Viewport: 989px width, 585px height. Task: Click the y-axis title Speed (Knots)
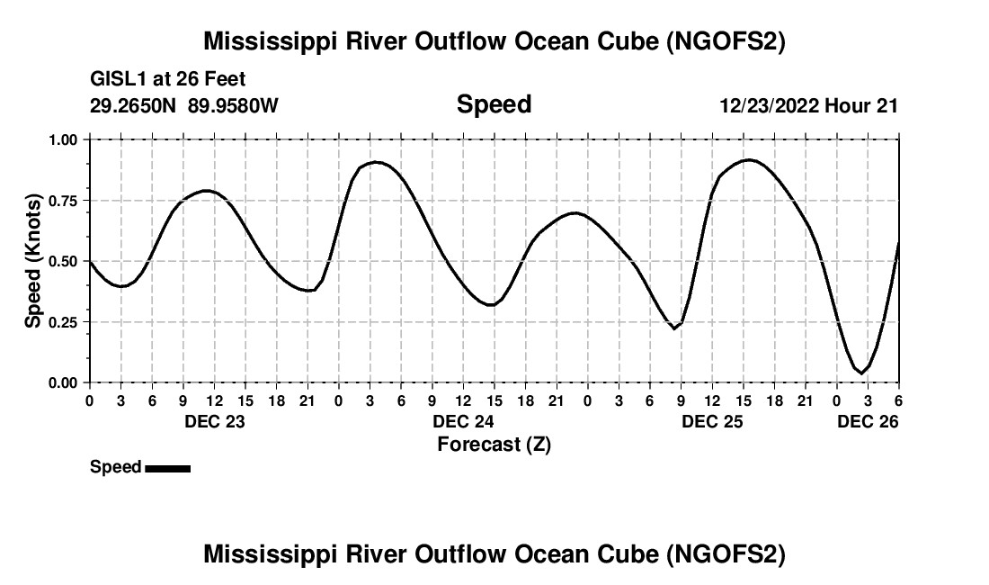coord(33,261)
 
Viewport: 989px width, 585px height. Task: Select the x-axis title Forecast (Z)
coord(494,445)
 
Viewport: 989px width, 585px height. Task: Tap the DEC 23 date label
coord(214,421)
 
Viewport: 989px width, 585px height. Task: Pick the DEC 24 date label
coord(463,421)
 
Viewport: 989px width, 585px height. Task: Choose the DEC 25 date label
coord(712,421)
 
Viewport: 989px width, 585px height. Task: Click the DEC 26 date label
coord(868,421)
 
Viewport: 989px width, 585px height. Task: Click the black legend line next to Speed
coord(167,468)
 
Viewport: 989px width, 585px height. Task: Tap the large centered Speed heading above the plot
coord(494,104)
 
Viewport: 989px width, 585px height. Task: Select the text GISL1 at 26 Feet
coord(168,79)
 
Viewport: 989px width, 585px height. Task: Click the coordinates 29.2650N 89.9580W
coord(184,105)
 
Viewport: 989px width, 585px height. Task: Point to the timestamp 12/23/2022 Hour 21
coord(808,105)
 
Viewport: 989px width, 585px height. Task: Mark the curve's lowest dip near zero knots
coord(861,373)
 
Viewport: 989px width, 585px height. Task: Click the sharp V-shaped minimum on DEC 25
coord(673,328)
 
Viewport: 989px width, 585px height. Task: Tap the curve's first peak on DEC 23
coord(207,191)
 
